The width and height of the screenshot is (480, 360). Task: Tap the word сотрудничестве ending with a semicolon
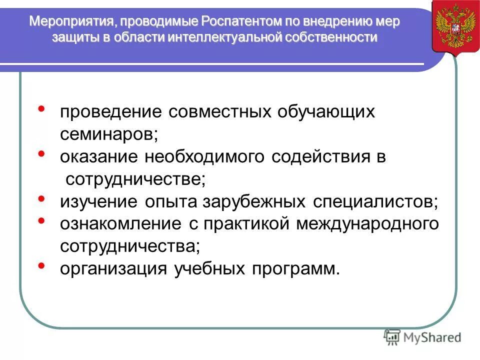click(x=135, y=179)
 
